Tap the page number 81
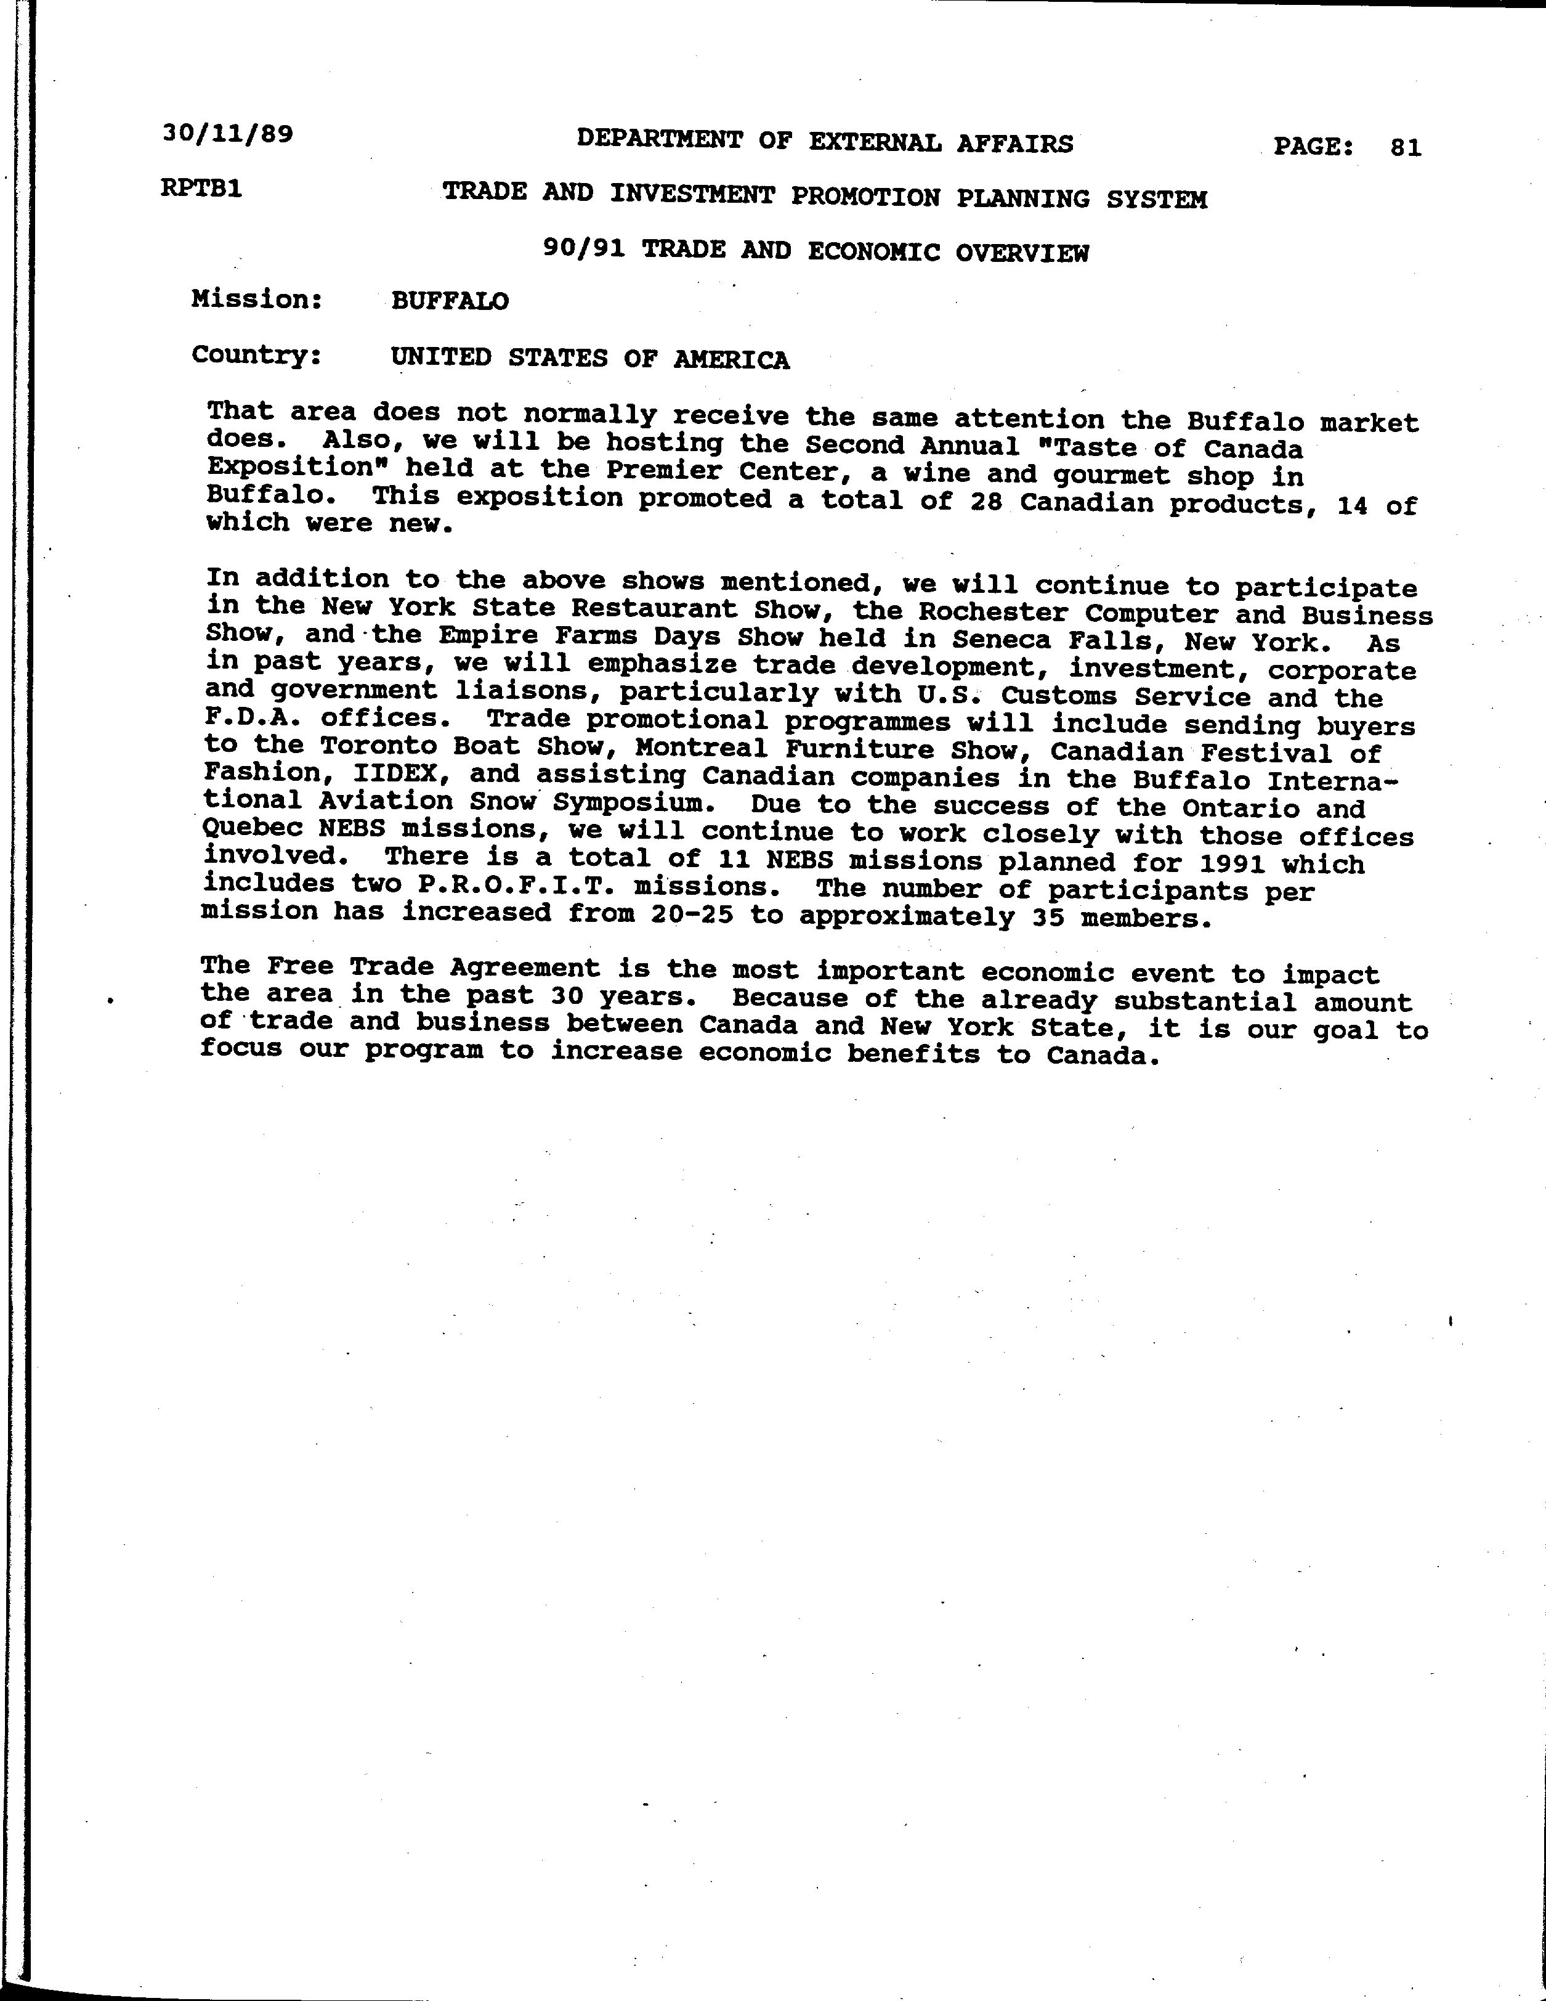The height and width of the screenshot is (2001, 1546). [1405, 147]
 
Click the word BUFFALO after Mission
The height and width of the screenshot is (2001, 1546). [450, 301]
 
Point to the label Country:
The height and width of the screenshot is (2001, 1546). [256, 354]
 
